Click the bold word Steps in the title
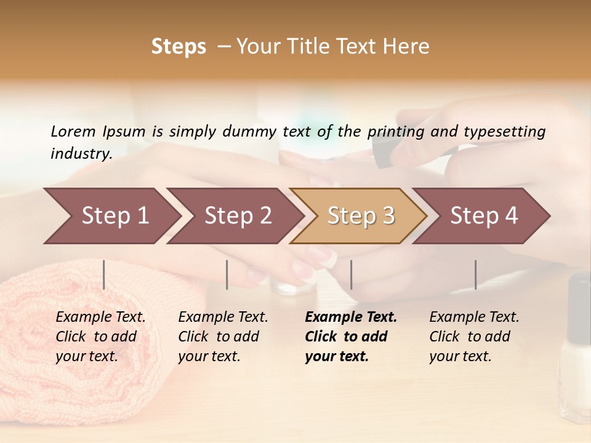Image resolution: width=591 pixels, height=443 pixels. (x=179, y=47)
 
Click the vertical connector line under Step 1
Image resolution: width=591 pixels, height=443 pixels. (x=104, y=274)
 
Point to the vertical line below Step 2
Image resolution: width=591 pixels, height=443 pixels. (x=227, y=274)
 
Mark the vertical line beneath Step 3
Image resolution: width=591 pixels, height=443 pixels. (x=351, y=274)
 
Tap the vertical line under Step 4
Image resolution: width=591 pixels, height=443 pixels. (x=475, y=274)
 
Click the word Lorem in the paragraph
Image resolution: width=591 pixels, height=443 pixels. (x=73, y=132)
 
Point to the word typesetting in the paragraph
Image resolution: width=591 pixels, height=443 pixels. (x=504, y=132)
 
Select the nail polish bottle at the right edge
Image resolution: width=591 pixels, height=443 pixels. (x=576, y=345)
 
